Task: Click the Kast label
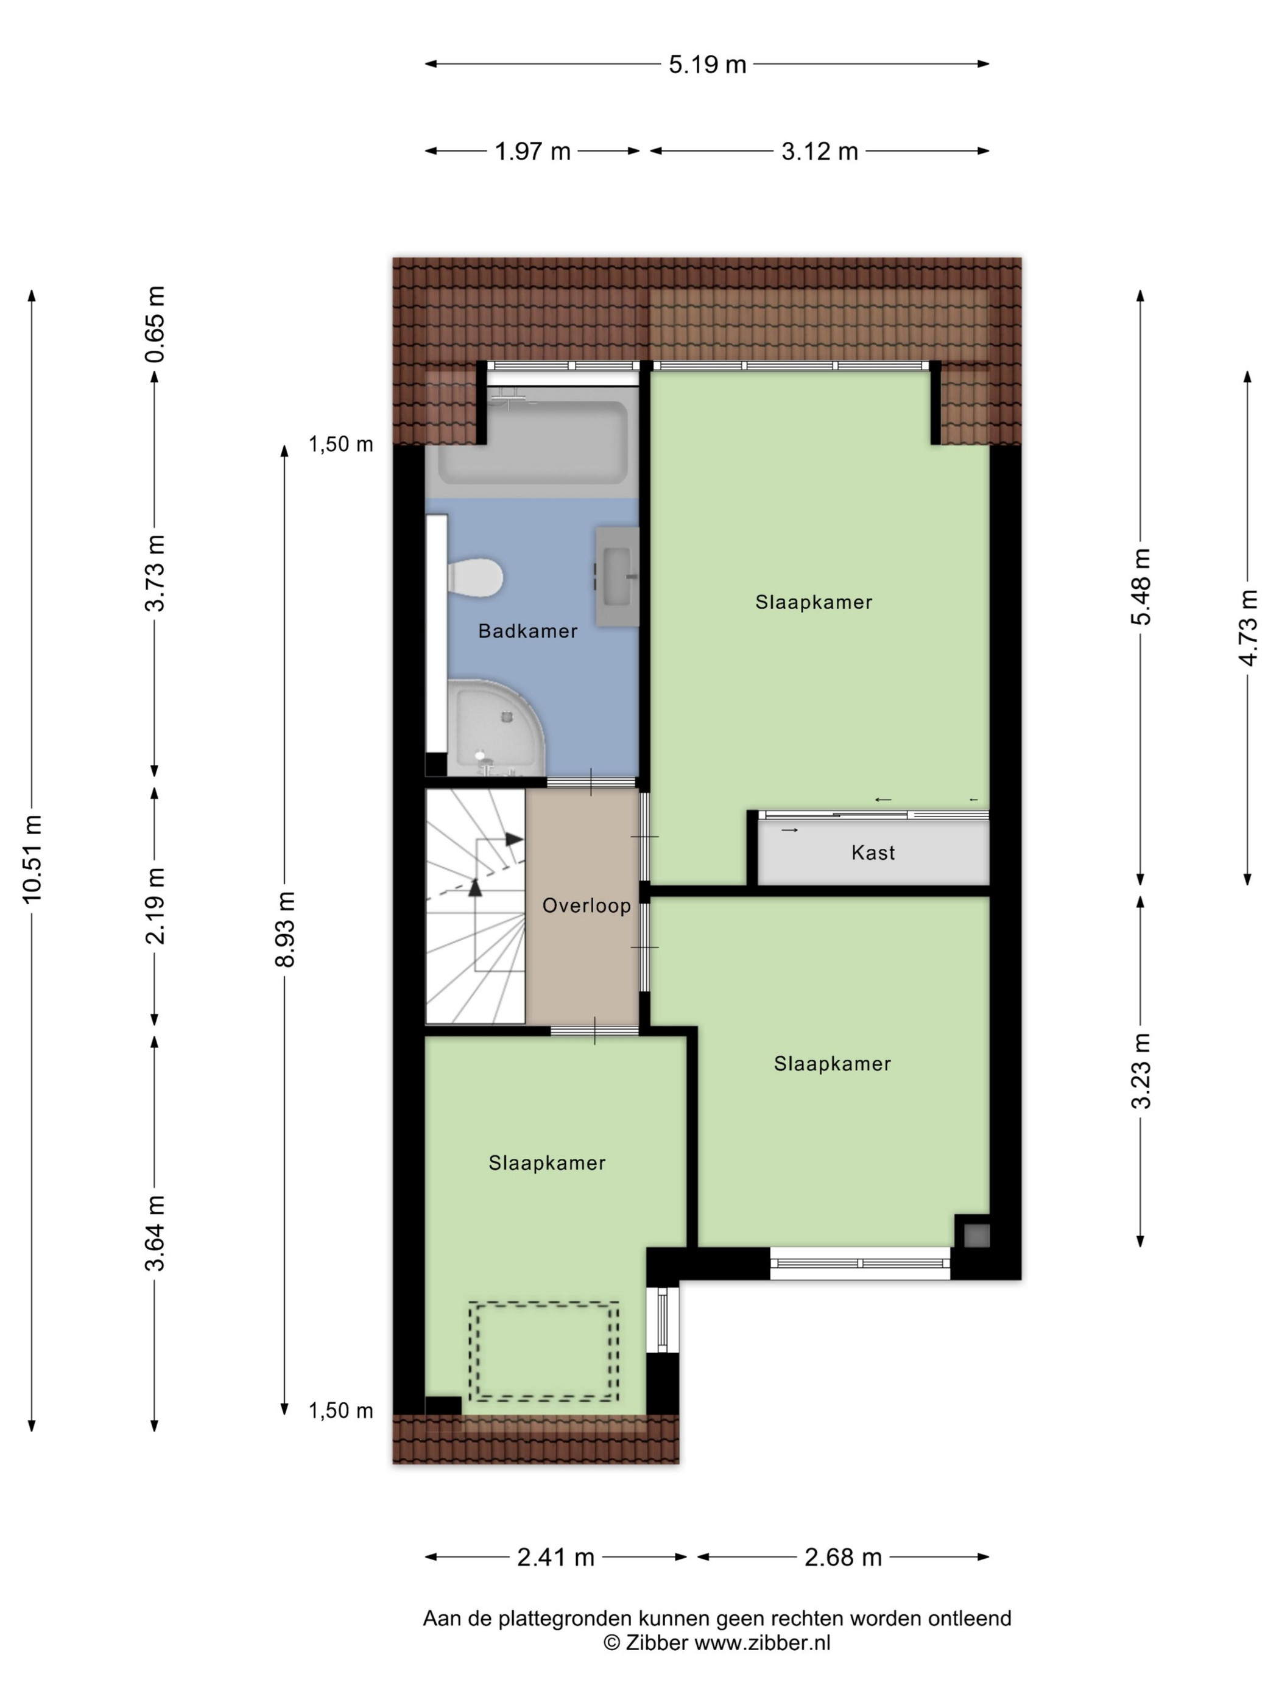[873, 852]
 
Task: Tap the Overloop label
[586, 905]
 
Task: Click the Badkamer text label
[527, 631]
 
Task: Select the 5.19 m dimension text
[707, 65]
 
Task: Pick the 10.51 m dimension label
[32, 859]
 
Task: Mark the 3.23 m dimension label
[1140, 1070]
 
